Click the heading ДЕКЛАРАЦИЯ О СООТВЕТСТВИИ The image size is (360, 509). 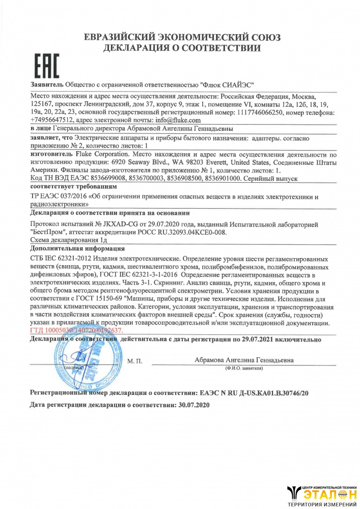pyautogui.click(x=182, y=49)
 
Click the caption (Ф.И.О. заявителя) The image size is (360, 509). pyautogui.click(x=244, y=367)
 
